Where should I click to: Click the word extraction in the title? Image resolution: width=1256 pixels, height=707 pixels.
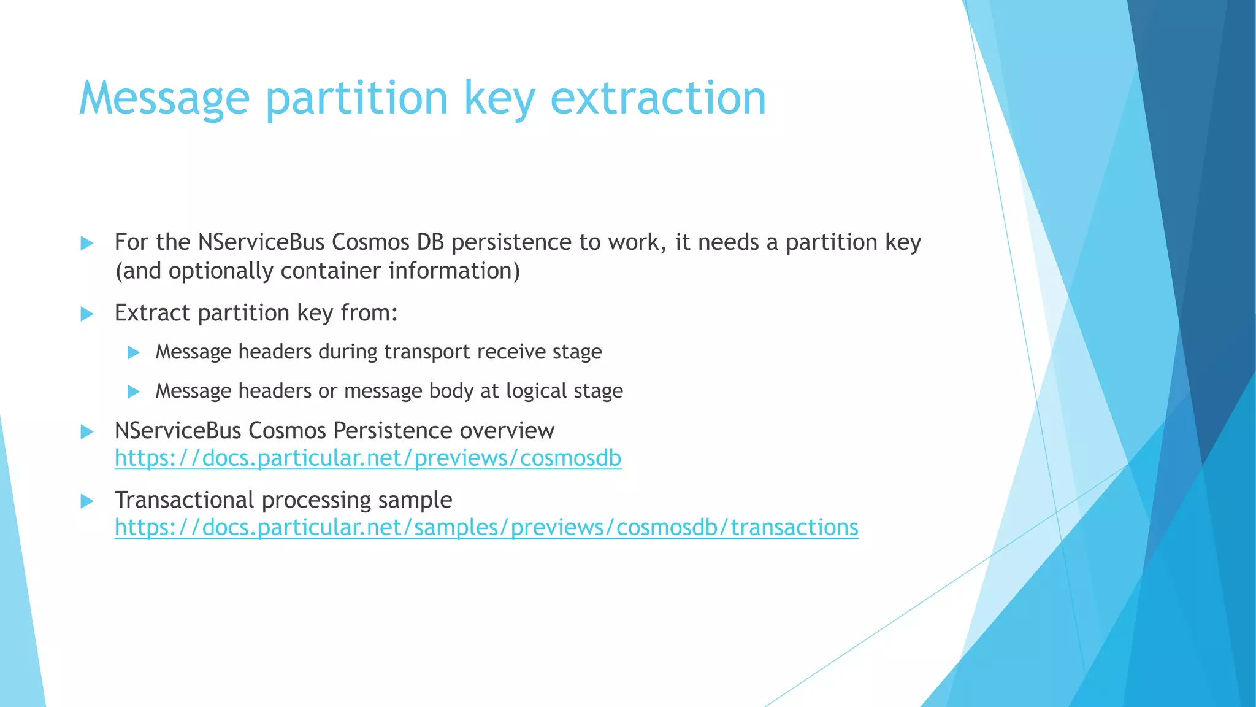658,98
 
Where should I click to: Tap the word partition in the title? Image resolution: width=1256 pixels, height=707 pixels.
356,98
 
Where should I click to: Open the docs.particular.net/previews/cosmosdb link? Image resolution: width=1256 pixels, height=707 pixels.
368,458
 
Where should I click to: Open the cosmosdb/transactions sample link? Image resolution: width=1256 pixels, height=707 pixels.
486,528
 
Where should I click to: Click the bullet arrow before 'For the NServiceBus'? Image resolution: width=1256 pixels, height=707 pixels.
87,243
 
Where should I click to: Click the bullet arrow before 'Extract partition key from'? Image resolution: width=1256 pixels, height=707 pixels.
87,314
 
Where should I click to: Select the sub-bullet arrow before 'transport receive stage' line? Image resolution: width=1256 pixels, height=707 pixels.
133,352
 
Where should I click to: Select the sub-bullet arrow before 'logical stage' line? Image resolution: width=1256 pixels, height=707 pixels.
133,392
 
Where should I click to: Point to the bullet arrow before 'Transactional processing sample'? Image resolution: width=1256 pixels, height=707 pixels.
87,501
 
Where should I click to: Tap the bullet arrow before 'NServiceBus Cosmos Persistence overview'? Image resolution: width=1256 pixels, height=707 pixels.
87,431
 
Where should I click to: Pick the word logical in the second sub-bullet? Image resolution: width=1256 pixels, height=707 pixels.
536,391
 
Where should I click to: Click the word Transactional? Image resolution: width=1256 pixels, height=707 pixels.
184,500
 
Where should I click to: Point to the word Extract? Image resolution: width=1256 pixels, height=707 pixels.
153,313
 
